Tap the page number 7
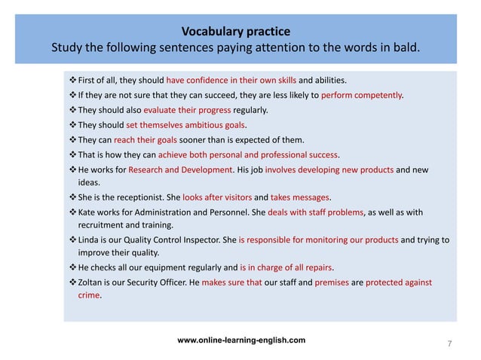[x=449, y=344]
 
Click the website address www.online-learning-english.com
[x=241, y=340]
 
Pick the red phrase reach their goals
[x=144, y=139]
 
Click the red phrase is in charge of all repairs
[x=286, y=267]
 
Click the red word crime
[x=89, y=296]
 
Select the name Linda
[x=90, y=240]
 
